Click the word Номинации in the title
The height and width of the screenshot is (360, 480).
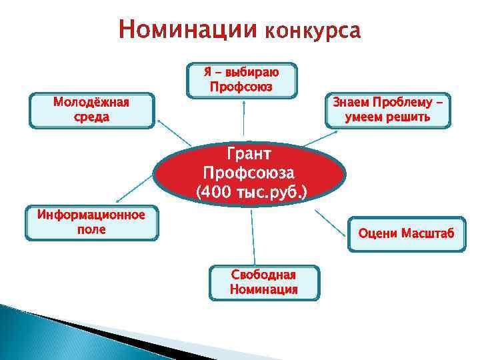pos(188,31)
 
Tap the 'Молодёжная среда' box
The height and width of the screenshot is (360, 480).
pos(91,110)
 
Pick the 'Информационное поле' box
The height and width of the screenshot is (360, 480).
pos(91,223)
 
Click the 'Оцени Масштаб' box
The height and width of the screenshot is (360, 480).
pos(406,234)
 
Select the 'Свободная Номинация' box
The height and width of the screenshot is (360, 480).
pos(263,283)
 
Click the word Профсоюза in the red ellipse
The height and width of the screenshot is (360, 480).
pos(250,173)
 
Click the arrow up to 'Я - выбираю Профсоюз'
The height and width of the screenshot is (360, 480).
pos(244,120)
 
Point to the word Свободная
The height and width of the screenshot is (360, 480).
pos(263,275)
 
